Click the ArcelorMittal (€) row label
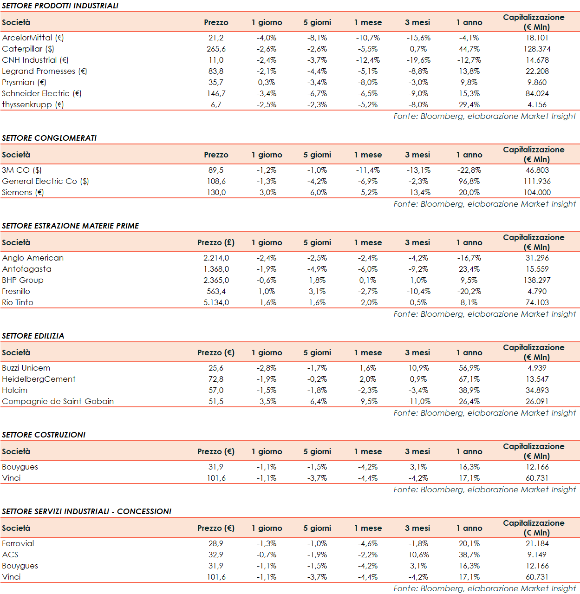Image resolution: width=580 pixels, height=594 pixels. tap(33, 38)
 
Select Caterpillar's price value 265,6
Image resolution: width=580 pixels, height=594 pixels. tap(216, 49)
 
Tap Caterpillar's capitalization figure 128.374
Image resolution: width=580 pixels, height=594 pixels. tap(537, 49)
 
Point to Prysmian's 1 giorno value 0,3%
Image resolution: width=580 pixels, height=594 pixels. tap(267, 82)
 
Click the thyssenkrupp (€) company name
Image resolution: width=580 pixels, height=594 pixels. tap(33, 104)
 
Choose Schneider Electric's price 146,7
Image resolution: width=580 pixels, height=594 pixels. tap(216, 93)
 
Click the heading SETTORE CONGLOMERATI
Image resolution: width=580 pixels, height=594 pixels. tap(49, 138)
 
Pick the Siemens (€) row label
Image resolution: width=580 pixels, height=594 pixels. tap(23, 192)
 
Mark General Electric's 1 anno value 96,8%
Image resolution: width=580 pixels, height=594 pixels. tap(469, 181)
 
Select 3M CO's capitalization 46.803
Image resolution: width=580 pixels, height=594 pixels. tap(537, 170)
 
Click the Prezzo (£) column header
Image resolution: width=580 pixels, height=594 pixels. tap(216, 242)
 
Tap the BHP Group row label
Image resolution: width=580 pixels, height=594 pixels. tap(23, 280)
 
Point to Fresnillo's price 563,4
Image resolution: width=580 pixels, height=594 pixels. tap(216, 291)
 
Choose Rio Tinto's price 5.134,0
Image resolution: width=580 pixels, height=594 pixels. tap(216, 302)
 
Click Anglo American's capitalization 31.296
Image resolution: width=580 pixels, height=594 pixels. tap(537, 258)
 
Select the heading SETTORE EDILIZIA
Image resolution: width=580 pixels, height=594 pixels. tap(33, 336)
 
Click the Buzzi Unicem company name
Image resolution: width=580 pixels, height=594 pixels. tap(26, 368)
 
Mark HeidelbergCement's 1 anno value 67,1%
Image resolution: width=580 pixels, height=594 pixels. tap(469, 379)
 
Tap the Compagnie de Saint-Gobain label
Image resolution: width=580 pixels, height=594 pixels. tap(58, 401)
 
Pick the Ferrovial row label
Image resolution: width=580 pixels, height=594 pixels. tap(18, 543)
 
